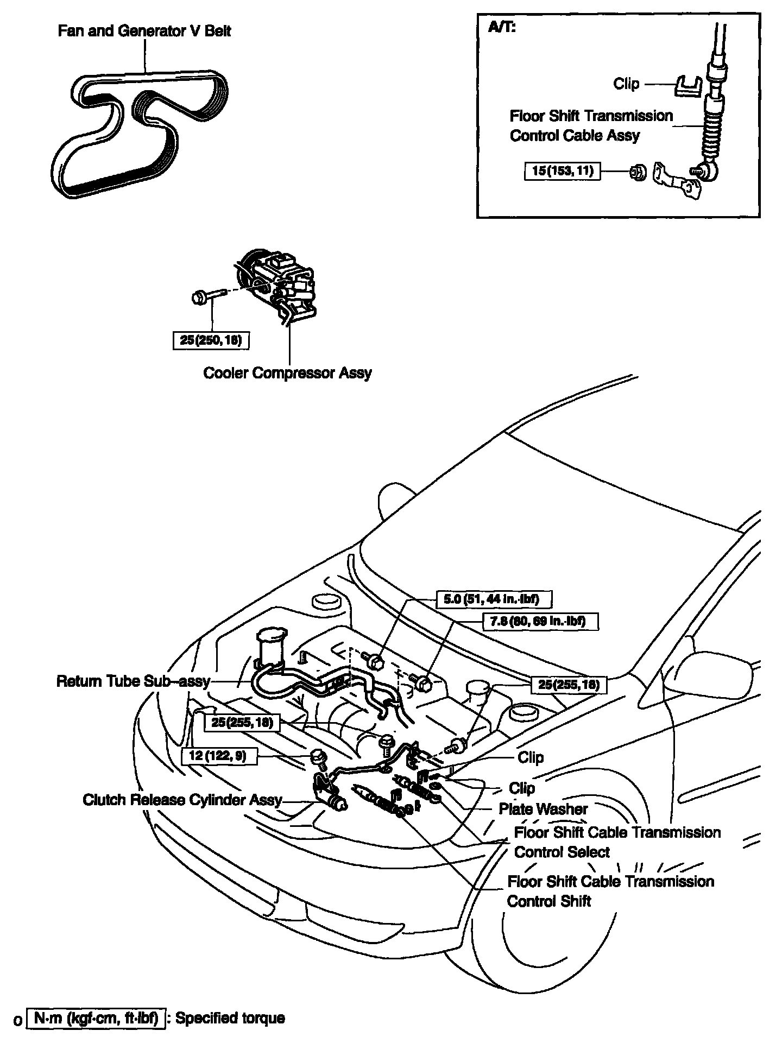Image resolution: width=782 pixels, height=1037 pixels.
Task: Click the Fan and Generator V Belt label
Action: pos(144,31)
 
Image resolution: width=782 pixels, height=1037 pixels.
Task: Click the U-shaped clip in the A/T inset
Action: pos(688,86)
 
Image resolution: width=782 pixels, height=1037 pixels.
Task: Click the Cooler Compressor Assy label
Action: pos(287,373)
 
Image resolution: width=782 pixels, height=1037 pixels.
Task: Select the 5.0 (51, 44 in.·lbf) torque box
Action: pos(494,599)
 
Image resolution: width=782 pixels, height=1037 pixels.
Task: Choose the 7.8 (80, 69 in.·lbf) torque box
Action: pos(540,621)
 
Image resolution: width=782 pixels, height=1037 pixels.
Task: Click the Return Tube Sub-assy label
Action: pos(133,681)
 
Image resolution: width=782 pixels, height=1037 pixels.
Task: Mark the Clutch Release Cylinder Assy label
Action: pos(182,800)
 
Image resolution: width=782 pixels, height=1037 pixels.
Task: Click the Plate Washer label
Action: pos(543,809)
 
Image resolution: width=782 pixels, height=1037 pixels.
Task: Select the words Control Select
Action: pos(562,852)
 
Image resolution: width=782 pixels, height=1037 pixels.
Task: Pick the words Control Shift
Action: pos(548,901)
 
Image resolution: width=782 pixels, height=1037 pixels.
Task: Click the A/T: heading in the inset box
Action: pos(502,27)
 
